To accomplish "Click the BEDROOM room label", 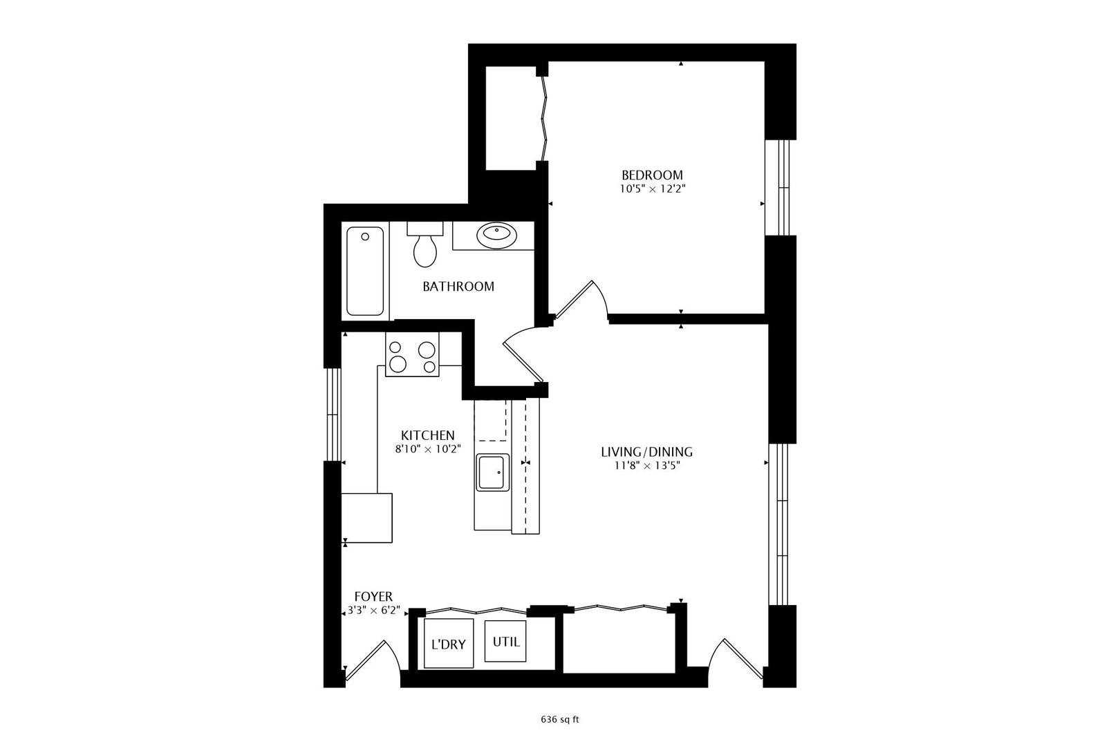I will coord(652,175).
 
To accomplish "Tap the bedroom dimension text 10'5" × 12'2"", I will coord(652,188).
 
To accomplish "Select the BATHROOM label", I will coord(458,286).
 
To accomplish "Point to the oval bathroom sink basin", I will coord(496,236).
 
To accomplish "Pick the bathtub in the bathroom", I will coord(365,271).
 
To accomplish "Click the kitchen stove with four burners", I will coord(412,356).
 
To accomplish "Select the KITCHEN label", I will coord(428,435).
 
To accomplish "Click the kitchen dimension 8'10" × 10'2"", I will coord(428,448).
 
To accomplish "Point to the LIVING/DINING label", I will coord(646,452).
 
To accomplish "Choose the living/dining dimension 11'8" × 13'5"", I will coord(646,465).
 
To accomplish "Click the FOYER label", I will coord(373,596).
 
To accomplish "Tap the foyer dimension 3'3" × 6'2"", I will coord(373,610).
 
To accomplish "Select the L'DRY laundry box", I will coord(448,644).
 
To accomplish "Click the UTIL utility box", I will coord(506,642).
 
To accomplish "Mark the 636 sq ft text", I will coord(559,719).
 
